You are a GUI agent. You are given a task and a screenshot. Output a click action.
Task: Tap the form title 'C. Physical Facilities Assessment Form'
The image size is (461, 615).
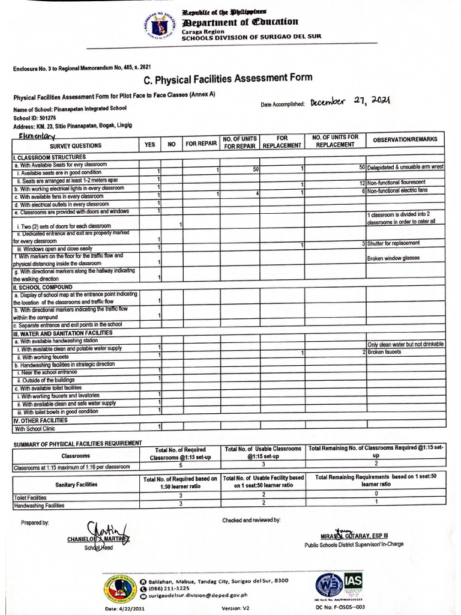coord(228,79)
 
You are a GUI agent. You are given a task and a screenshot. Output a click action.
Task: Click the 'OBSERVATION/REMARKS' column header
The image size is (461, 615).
coord(405,139)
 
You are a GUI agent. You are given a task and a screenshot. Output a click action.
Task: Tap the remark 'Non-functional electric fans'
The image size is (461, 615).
coord(397,190)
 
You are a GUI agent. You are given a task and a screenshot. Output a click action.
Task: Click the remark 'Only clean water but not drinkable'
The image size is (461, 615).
coord(405,344)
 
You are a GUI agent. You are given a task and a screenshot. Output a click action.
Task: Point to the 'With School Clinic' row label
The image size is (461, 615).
coord(38,429)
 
